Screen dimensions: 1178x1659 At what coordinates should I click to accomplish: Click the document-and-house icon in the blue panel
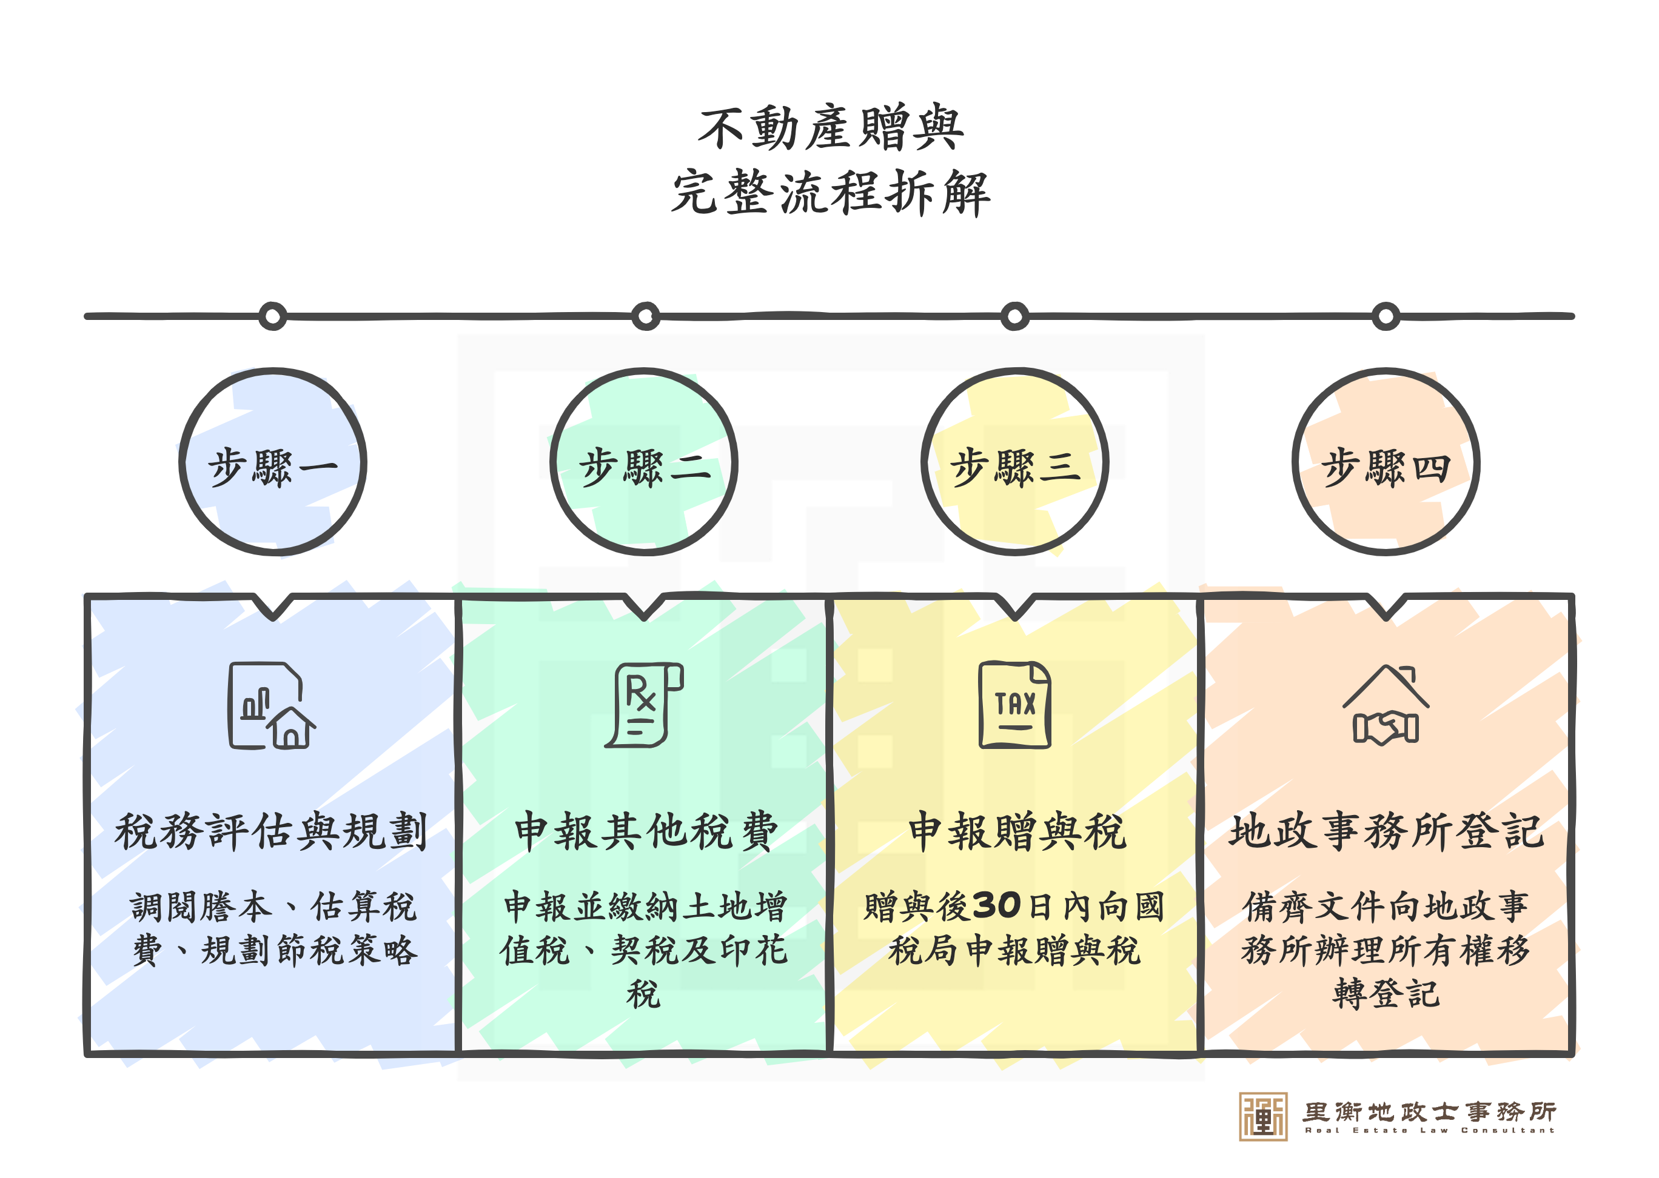pyautogui.click(x=270, y=705)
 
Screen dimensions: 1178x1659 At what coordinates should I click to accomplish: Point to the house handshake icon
pyautogui.click(x=1386, y=705)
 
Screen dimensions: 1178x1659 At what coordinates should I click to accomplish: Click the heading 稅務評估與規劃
pyautogui.click(x=270, y=831)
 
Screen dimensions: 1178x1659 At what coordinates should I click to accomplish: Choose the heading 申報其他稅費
pyautogui.click(x=645, y=831)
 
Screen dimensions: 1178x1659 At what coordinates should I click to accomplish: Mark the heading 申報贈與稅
pyautogui.click(x=1017, y=831)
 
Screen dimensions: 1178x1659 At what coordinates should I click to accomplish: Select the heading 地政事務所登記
pyautogui.click(x=1386, y=831)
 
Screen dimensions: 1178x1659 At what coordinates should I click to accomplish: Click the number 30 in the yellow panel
pyautogui.click(x=996, y=905)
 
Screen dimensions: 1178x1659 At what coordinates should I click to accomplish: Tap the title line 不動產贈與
pyautogui.click(x=830, y=128)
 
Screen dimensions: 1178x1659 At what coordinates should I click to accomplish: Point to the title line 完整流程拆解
pyautogui.click(x=830, y=193)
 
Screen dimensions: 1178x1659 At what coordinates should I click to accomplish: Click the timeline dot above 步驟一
pyautogui.click(x=273, y=316)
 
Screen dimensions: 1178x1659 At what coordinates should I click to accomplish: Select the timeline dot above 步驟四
pyautogui.click(x=1386, y=316)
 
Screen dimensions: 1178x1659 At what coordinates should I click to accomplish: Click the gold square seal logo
pyautogui.click(x=1263, y=1116)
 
